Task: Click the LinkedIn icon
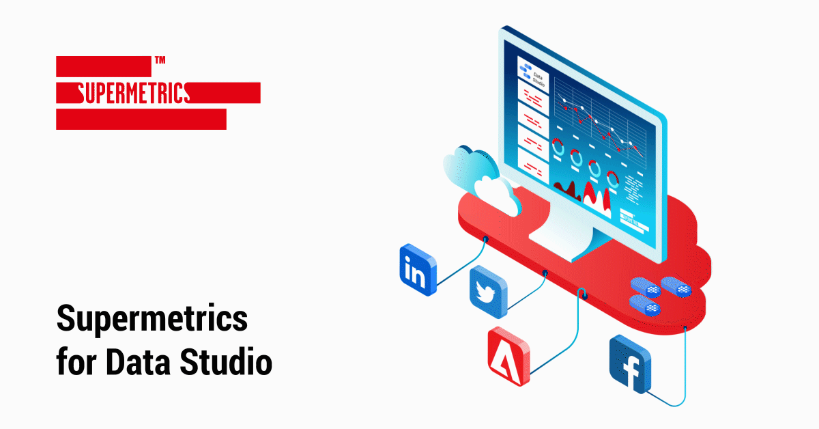(x=418, y=270)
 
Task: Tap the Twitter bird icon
(x=489, y=292)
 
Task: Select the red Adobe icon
(x=509, y=356)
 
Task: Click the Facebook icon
(x=630, y=364)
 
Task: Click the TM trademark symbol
(x=160, y=59)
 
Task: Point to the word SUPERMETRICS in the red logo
(x=134, y=93)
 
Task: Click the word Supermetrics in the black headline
(x=152, y=318)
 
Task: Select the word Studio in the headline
(x=226, y=361)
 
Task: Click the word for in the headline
(x=77, y=361)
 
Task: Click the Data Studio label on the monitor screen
(x=538, y=79)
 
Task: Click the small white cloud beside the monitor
(x=498, y=196)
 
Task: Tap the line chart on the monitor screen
(x=600, y=126)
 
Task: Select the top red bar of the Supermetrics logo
(x=104, y=66)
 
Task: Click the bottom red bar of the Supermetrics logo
(x=141, y=120)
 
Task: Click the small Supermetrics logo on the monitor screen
(x=631, y=219)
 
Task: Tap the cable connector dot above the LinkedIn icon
(x=485, y=239)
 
